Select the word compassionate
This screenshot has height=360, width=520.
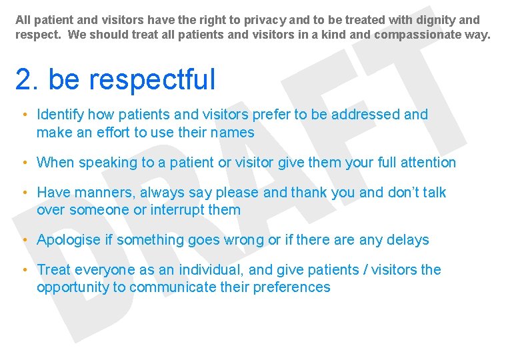point(419,34)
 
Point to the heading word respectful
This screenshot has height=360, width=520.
point(153,80)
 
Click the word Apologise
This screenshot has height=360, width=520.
point(69,240)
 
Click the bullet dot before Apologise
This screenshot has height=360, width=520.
point(23,240)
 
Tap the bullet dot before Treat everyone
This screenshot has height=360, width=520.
point(23,270)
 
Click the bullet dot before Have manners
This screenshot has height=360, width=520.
point(23,193)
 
